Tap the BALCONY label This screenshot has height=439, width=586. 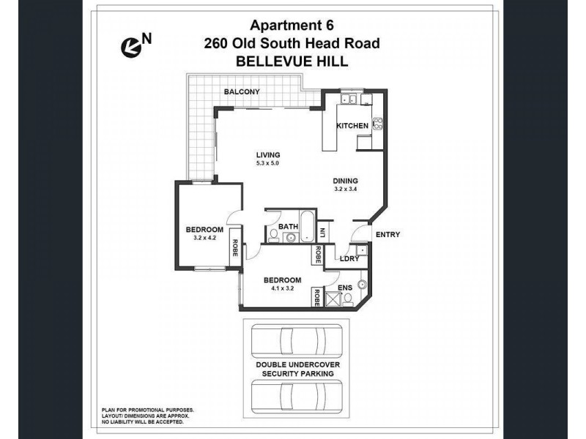click(242, 91)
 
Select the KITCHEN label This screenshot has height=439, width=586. click(352, 126)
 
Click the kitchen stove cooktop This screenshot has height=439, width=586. click(379, 124)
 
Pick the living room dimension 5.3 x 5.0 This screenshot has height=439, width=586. click(268, 162)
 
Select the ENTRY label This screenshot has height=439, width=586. click(387, 234)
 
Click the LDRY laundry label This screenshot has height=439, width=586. click(348, 258)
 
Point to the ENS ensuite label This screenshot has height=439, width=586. click(344, 288)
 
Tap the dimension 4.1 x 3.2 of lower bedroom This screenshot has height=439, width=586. click(281, 288)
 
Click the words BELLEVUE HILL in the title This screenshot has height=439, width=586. click(292, 62)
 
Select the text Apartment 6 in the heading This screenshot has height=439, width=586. click(292, 26)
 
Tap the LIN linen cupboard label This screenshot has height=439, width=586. click(322, 234)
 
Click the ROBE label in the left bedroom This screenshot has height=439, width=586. click(234, 249)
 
